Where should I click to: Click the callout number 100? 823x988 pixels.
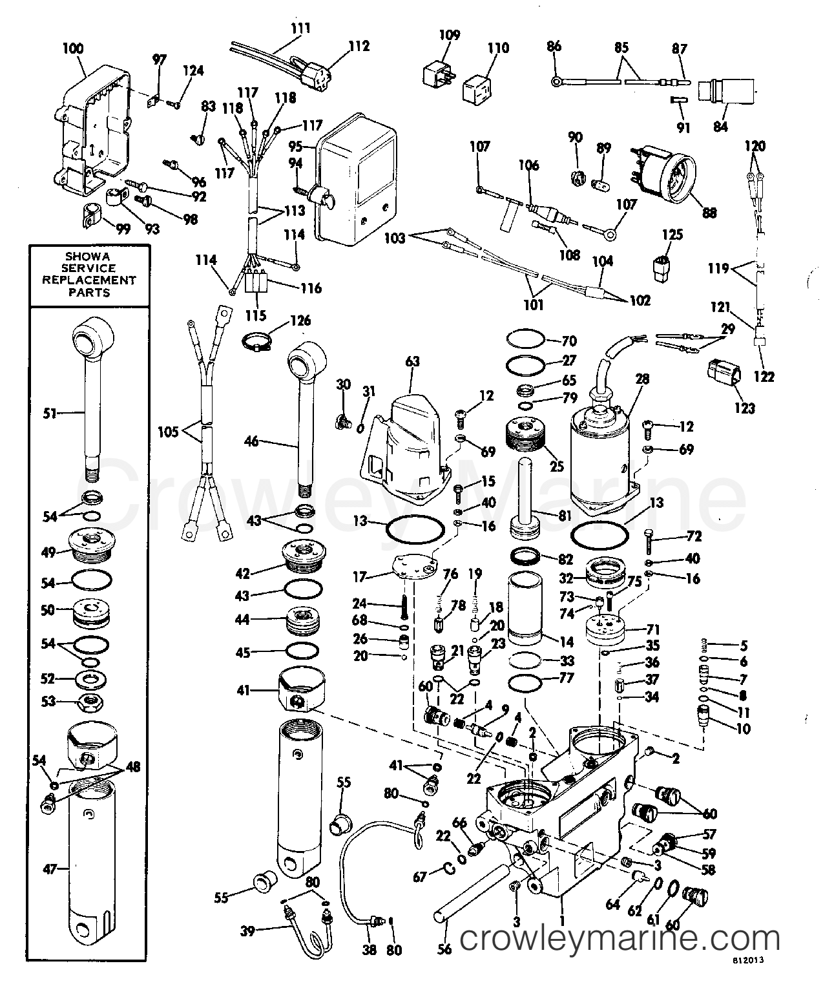point(74,48)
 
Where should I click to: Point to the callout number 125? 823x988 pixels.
point(672,233)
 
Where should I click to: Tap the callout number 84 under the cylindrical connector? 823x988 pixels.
point(720,126)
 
